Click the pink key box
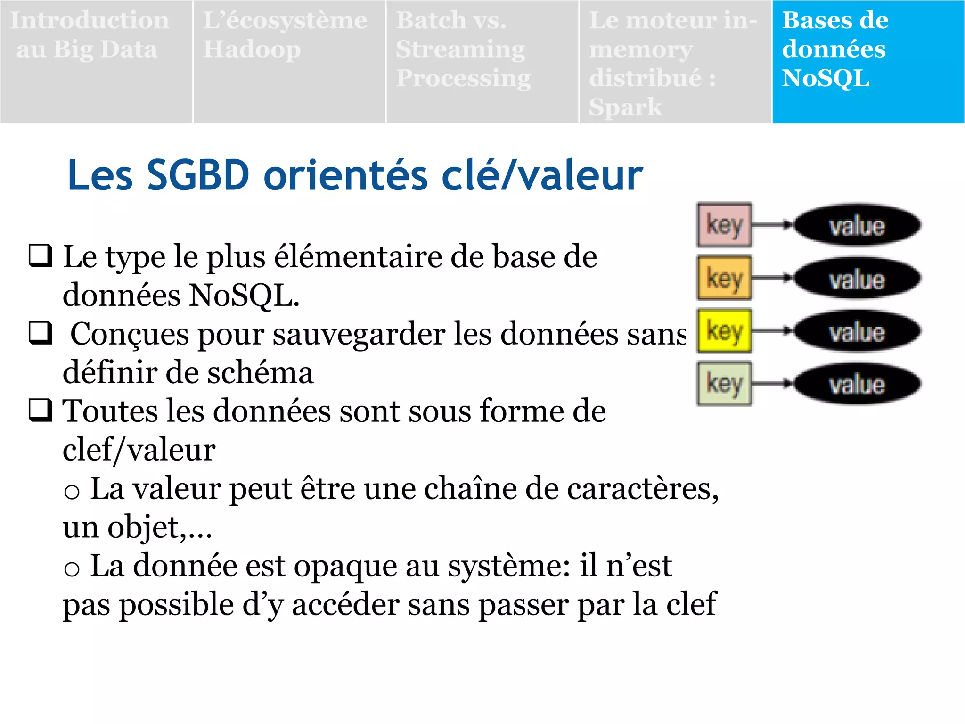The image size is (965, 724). (724, 225)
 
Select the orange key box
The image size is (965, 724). (724, 278)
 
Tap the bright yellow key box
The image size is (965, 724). (724, 331)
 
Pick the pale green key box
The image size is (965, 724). (724, 384)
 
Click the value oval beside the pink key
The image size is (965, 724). (857, 225)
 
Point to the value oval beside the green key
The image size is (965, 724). (857, 384)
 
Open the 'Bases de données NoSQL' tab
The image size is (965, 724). (868, 62)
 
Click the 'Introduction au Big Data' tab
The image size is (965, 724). (96, 62)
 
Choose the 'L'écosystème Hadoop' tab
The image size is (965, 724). (289, 62)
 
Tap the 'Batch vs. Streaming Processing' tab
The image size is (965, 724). (482, 62)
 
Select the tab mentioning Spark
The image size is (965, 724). (675, 62)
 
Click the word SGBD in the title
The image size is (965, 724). (198, 175)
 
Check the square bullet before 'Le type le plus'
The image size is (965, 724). (41, 256)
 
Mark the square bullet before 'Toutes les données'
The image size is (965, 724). (41, 410)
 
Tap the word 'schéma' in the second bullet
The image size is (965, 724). (260, 373)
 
